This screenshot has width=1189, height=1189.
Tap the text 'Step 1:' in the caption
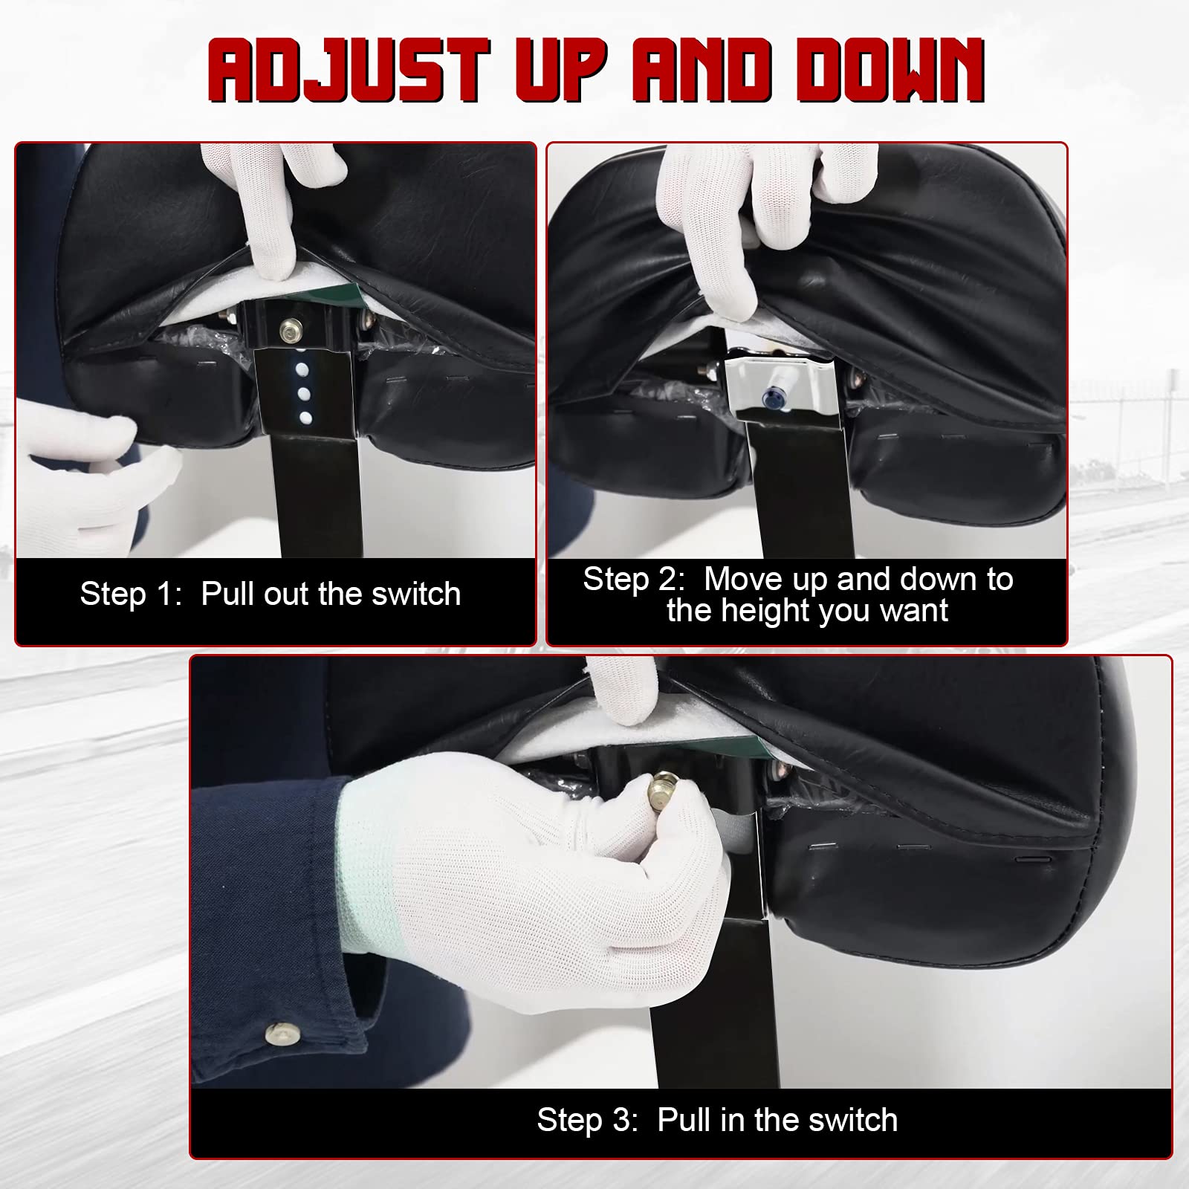point(130,594)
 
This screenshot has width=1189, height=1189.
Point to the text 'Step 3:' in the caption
point(587,1120)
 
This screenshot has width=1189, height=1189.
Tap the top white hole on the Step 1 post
point(302,368)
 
